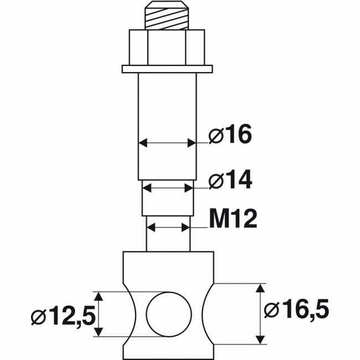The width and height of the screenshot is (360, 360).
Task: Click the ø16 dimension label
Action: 230,135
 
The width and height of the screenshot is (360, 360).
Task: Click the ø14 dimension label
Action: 230,180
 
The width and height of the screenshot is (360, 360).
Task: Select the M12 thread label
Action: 233,220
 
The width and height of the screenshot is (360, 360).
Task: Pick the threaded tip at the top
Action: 167,17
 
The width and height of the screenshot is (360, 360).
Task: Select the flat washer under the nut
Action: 167,69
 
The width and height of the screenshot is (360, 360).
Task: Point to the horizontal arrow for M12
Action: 168,227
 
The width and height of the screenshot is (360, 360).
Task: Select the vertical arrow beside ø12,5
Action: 99,313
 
